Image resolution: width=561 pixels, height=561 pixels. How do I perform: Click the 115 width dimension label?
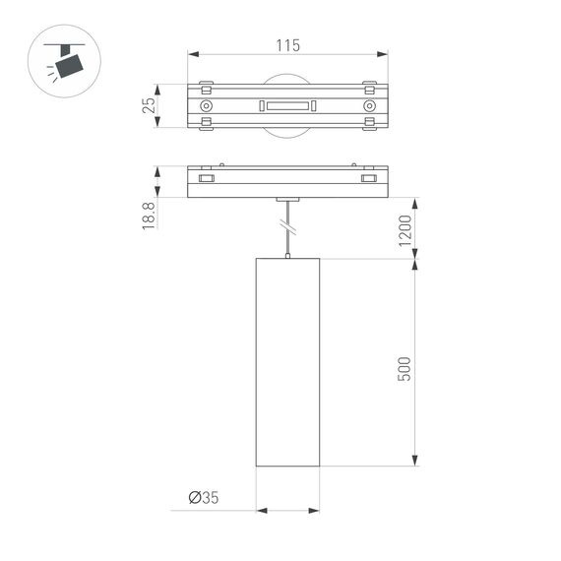tap(286, 45)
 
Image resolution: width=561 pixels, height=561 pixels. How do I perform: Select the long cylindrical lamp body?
tap(287, 363)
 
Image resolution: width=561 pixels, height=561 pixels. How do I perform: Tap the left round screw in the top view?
tap(206, 105)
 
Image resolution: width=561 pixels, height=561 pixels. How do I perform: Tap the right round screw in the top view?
tap(369, 105)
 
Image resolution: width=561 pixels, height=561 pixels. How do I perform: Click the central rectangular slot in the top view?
tap(286, 105)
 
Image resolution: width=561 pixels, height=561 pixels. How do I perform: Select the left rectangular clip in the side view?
tap(206, 179)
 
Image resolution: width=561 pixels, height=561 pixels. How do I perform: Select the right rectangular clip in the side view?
tap(368, 179)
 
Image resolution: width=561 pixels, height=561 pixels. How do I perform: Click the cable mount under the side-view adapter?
tap(287, 199)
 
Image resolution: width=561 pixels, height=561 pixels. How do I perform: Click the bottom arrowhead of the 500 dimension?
tap(415, 461)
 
